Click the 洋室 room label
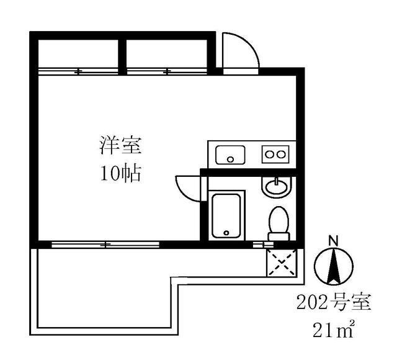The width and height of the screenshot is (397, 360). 120,146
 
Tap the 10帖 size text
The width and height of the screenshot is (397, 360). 120,173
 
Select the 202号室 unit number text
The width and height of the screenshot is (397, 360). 334,302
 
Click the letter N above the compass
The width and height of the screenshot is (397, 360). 334,241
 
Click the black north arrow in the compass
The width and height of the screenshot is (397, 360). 334,266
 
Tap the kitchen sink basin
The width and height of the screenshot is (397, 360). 230,155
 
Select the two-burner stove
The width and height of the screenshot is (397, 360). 275,155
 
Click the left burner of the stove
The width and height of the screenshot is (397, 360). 269,155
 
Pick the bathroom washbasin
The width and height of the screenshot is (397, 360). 277,187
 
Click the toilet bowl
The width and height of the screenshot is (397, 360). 279,219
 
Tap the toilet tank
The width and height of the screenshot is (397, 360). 279,236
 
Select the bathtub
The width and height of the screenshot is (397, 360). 226,216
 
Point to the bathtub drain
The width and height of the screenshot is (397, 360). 226,233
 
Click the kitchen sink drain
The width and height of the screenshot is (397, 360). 230,160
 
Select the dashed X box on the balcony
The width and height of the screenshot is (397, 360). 282,263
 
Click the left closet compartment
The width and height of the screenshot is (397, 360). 78,54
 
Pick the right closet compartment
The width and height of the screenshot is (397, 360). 167,54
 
